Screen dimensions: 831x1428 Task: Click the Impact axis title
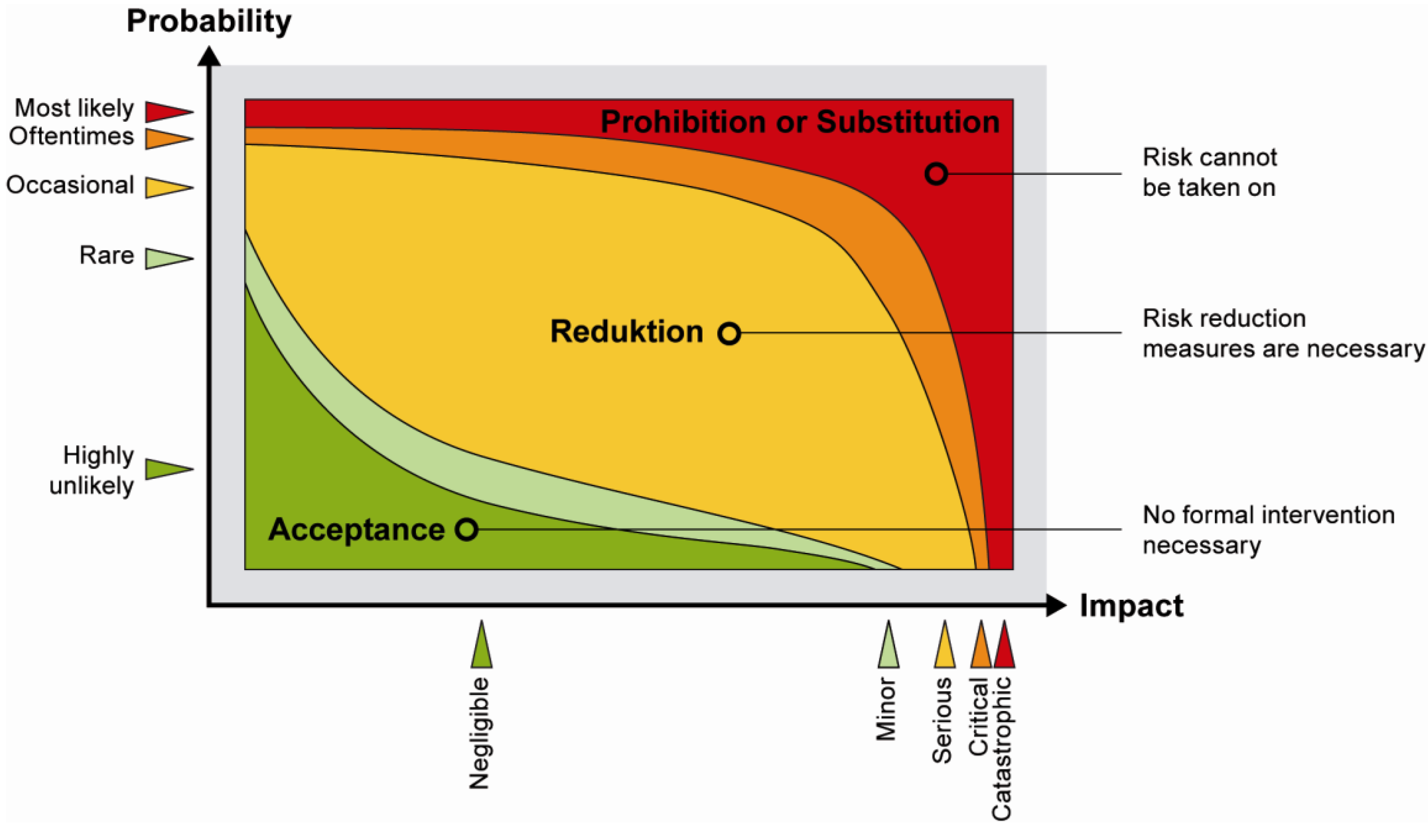pos(1131,606)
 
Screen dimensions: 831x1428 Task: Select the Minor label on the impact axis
pos(886,709)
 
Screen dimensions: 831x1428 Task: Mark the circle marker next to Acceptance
pos(467,529)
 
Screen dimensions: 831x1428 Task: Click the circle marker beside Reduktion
pos(729,333)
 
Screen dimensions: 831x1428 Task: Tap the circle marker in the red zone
pos(936,174)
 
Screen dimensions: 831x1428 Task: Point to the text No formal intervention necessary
pos(1268,529)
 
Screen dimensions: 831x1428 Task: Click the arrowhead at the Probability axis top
pos(209,56)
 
